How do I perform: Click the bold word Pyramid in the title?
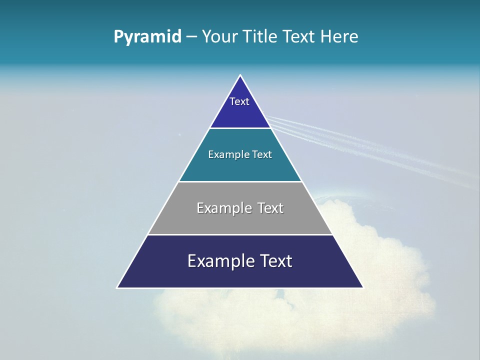coord(147,37)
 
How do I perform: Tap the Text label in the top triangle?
coord(239,101)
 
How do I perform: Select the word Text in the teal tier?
coord(262,154)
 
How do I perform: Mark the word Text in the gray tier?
coord(270,208)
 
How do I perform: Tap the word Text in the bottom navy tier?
coord(276,261)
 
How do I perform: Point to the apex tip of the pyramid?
coord(240,76)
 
